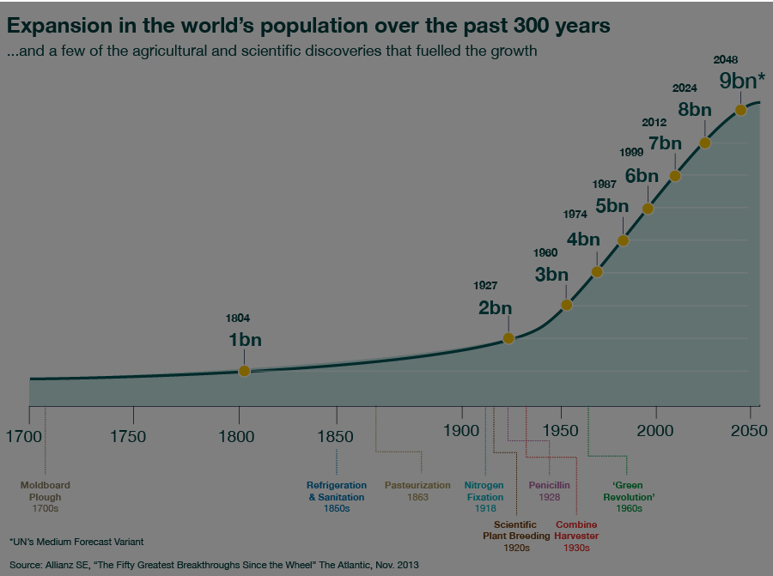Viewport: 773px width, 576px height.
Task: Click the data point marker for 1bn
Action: point(244,371)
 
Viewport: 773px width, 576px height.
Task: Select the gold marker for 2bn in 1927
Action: point(508,338)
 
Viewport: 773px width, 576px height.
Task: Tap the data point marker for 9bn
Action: point(740,110)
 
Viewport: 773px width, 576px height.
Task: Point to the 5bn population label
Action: point(612,206)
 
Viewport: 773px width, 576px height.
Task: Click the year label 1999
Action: point(631,152)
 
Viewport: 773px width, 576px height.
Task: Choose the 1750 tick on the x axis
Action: point(128,435)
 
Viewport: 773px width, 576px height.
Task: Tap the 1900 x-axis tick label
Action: point(460,435)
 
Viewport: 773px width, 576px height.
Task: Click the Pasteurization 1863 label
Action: point(417,491)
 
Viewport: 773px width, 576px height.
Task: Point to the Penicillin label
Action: point(550,491)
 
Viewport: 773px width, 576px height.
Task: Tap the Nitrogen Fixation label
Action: point(485,496)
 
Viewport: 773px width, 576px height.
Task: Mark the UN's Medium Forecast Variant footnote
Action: point(76,542)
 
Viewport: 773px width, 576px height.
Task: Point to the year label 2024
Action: point(685,88)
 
